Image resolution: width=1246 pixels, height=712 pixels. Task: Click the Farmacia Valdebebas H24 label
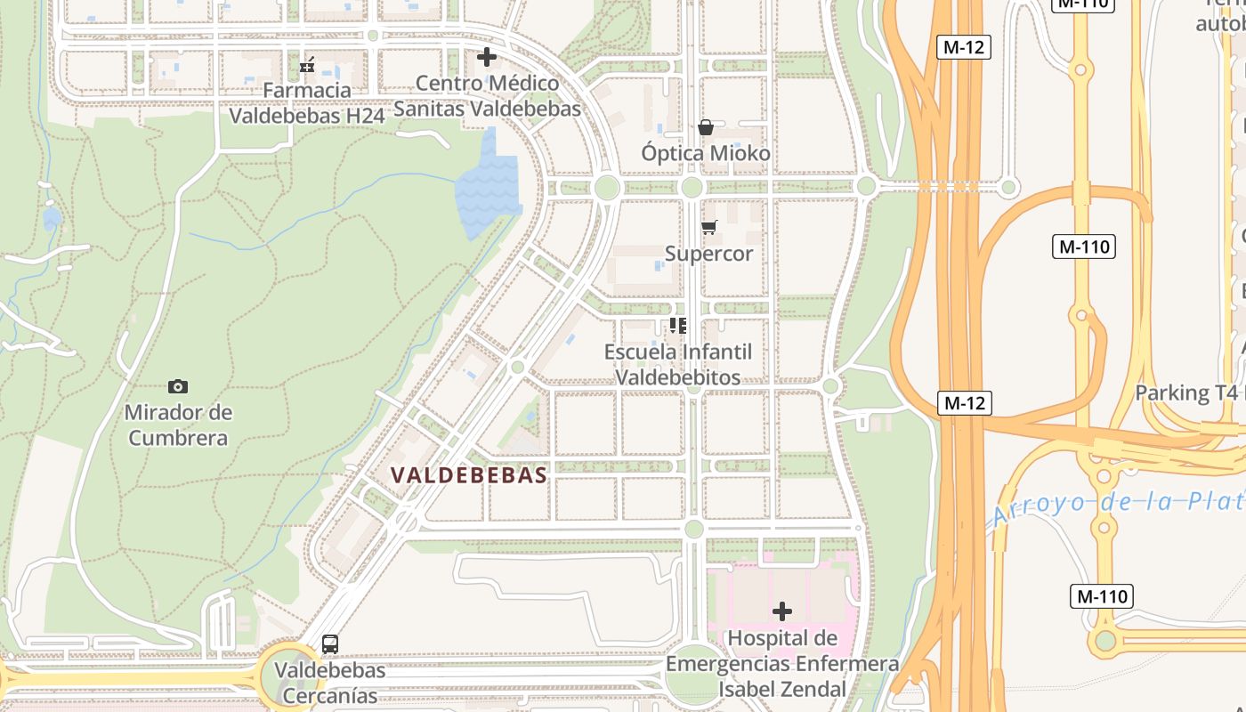pos(307,102)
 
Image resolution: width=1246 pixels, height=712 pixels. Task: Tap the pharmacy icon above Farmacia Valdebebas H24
pos(308,65)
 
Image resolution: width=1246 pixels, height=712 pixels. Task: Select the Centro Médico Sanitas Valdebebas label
pos(487,96)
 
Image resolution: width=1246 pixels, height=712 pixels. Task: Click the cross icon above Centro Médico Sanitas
pos(487,57)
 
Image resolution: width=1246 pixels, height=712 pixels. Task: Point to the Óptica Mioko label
pos(706,153)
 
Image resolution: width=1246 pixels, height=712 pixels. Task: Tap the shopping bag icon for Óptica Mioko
pos(706,127)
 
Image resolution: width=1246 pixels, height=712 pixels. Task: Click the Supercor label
pos(708,254)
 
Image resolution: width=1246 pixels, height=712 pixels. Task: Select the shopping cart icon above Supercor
pos(708,228)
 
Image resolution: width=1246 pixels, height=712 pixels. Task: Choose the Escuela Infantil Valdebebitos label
pos(678,364)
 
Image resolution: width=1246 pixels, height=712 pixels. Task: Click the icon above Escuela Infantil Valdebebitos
pos(678,326)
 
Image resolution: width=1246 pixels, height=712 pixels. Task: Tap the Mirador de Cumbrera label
pos(178,425)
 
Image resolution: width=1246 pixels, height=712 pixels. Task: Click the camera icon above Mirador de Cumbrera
pos(178,386)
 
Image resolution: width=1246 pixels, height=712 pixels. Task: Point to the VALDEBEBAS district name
pos(469,475)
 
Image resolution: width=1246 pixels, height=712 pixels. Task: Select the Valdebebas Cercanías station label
pos(329,682)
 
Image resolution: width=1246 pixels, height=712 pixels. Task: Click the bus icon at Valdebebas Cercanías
pos(330,644)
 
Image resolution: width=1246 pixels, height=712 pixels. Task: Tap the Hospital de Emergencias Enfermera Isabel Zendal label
pos(781,663)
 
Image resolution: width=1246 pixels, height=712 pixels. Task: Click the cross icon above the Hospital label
pos(782,611)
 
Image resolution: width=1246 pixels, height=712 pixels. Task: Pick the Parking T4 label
pos(1186,392)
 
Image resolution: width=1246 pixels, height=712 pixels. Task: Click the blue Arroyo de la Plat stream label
pos(1117,506)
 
